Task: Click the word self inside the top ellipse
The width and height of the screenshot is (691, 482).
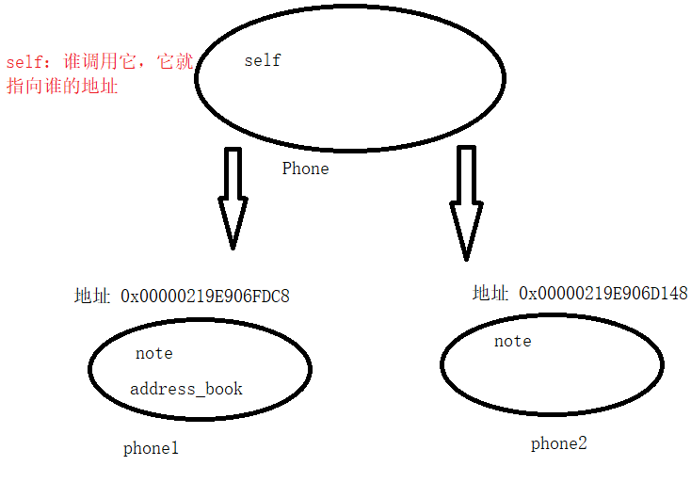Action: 263,61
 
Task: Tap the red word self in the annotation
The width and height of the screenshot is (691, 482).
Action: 24,63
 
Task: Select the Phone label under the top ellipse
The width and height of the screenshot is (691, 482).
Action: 306,169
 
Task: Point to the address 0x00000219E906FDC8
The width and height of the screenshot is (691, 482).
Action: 205,296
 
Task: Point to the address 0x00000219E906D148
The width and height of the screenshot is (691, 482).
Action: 603,294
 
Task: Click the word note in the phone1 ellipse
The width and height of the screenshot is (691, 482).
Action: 154,354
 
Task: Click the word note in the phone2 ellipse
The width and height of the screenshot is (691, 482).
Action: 513,342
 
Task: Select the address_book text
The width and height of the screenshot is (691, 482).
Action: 186,389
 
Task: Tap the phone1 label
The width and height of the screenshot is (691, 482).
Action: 151,448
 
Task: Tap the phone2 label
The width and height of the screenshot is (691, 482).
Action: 559,443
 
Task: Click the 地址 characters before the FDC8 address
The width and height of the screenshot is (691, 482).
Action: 92,296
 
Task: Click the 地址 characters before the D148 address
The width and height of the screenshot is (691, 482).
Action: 490,294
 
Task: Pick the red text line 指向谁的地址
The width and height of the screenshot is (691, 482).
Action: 62,88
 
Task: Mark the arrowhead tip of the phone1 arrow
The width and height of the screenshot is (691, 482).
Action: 233,248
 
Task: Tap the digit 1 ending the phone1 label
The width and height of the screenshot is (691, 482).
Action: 174,448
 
